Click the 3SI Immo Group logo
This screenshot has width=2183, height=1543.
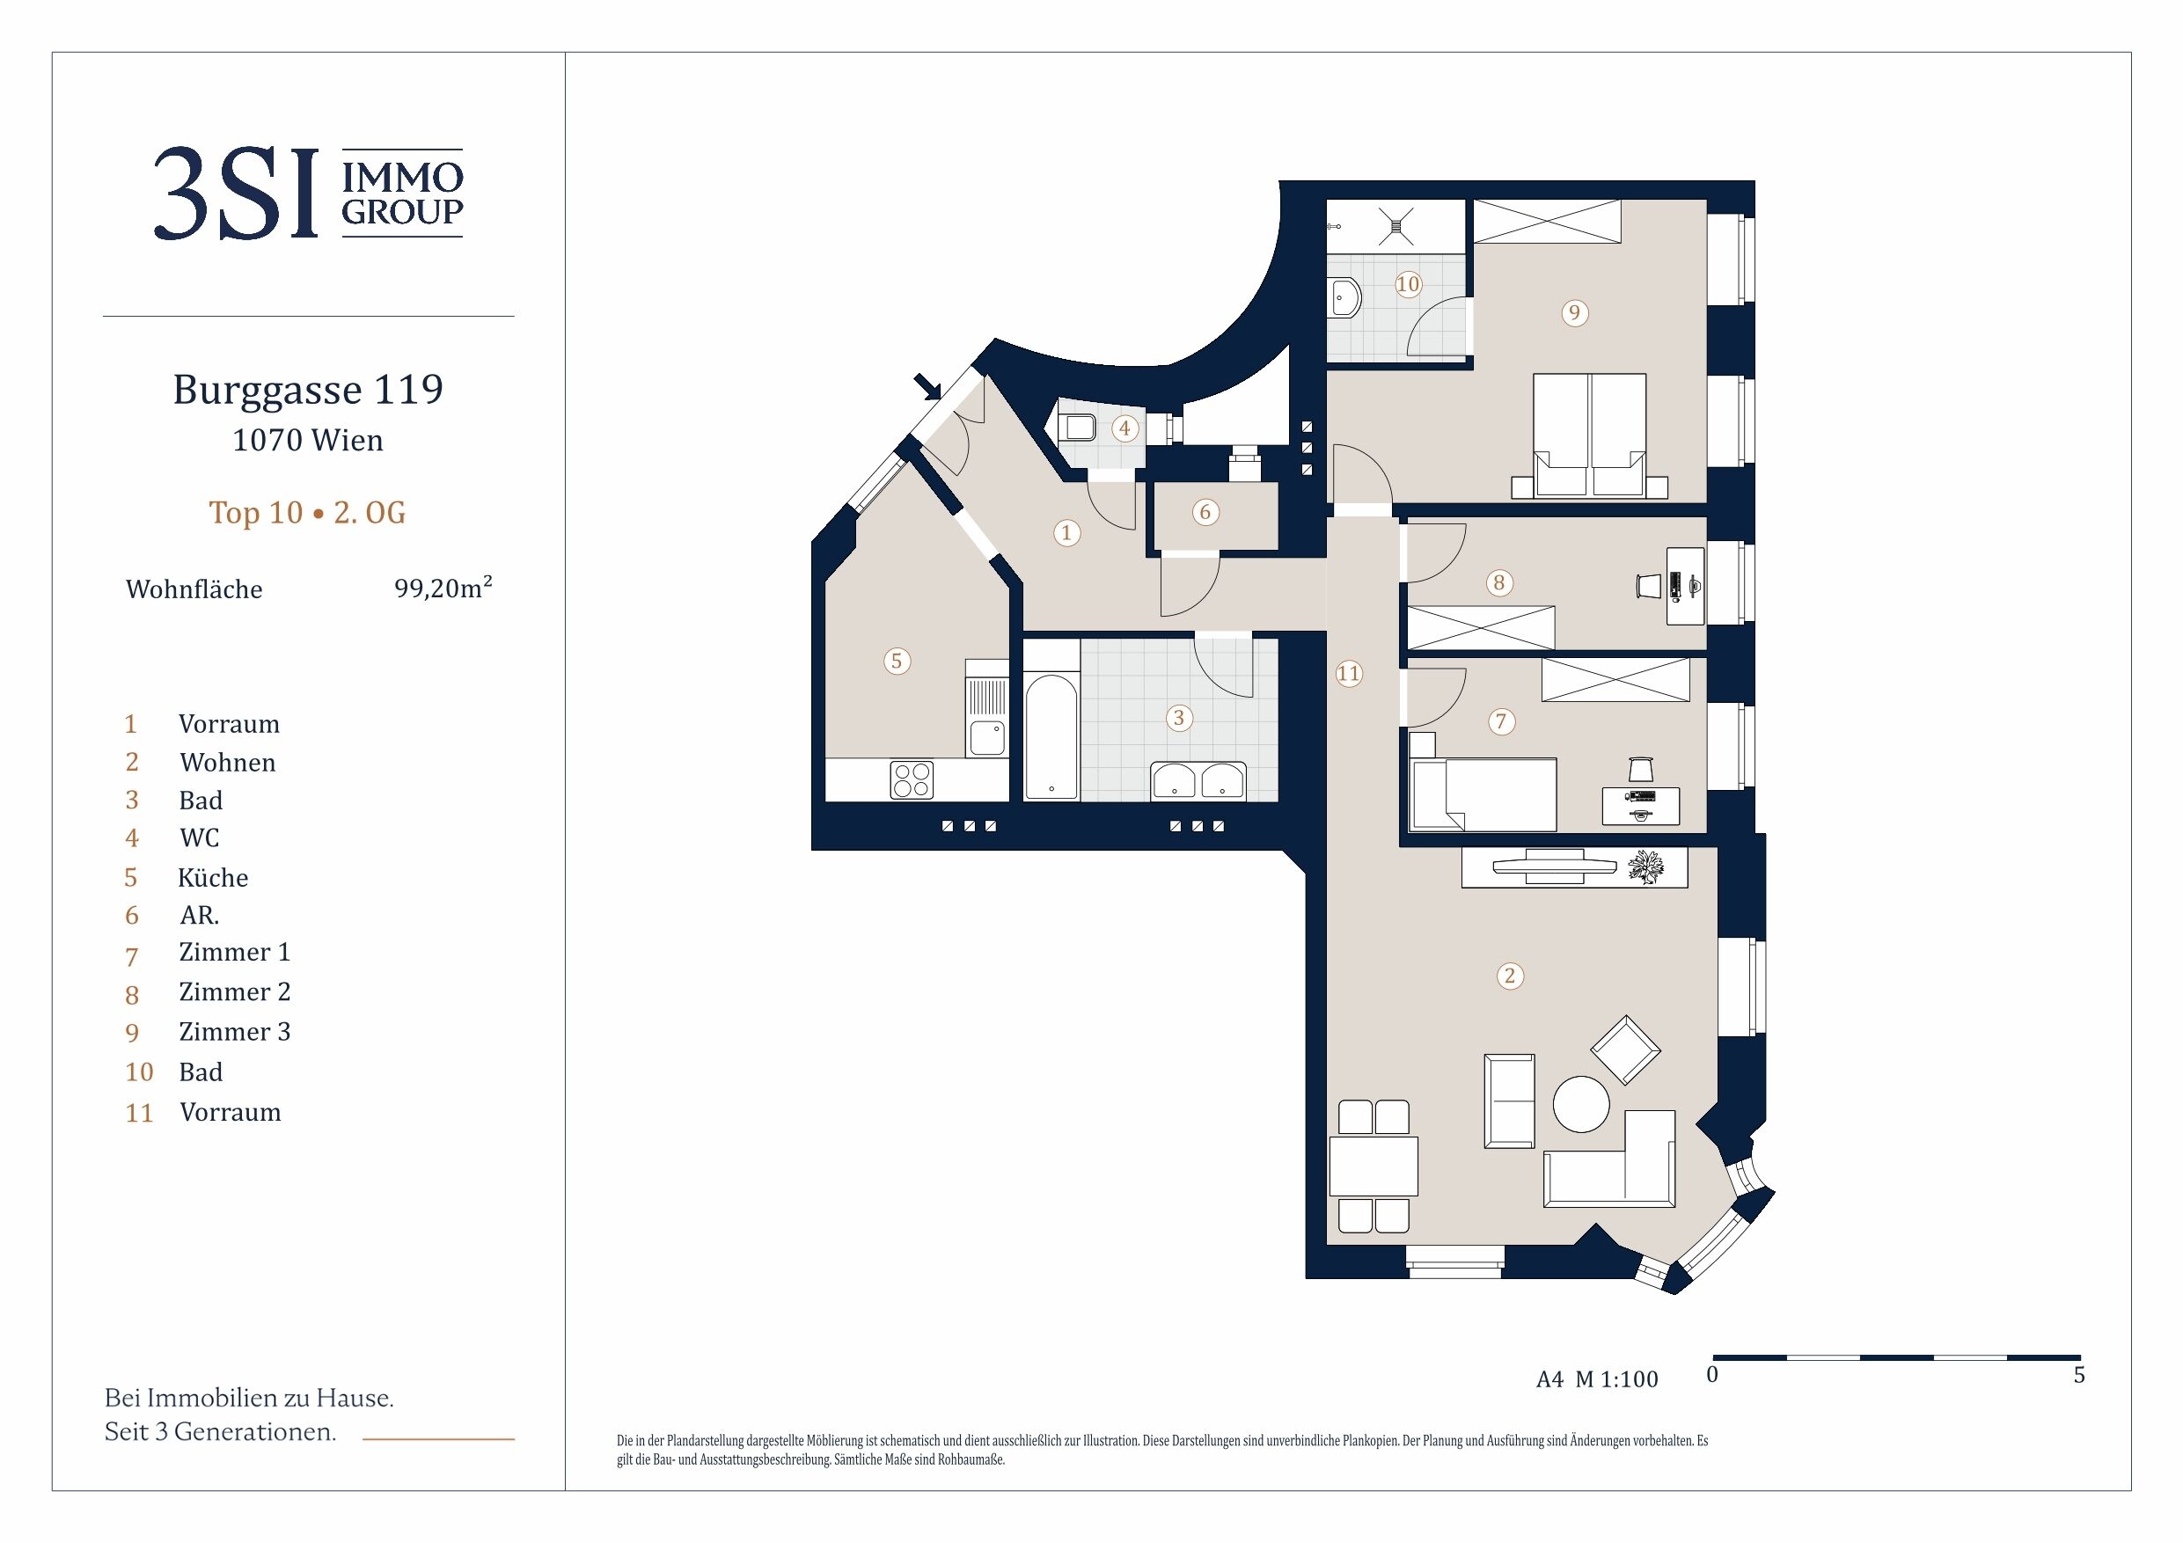(308, 193)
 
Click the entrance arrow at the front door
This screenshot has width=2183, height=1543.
(927, 387)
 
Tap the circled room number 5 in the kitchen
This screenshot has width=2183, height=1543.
(897, 661)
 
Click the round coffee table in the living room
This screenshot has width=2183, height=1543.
(1581, 1104)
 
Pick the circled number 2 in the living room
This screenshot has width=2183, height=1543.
(1510, 976)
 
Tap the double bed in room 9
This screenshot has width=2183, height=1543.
(1590, 435)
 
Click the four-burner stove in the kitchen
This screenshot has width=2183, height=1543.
(912, 780)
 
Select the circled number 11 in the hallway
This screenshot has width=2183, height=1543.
(1349, 673)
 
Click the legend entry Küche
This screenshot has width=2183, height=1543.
(213, 877)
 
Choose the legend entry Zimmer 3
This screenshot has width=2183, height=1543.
(235, 1032)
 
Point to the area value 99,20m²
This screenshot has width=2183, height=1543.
(443, 587)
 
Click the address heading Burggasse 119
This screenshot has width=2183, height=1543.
(308, 390)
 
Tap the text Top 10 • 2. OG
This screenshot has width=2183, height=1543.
(307, 513)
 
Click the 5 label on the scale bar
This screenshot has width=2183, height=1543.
(2079, 1375)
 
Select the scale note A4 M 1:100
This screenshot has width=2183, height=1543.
(1597, 1379)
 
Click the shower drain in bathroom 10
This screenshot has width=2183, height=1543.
(1396, 226)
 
